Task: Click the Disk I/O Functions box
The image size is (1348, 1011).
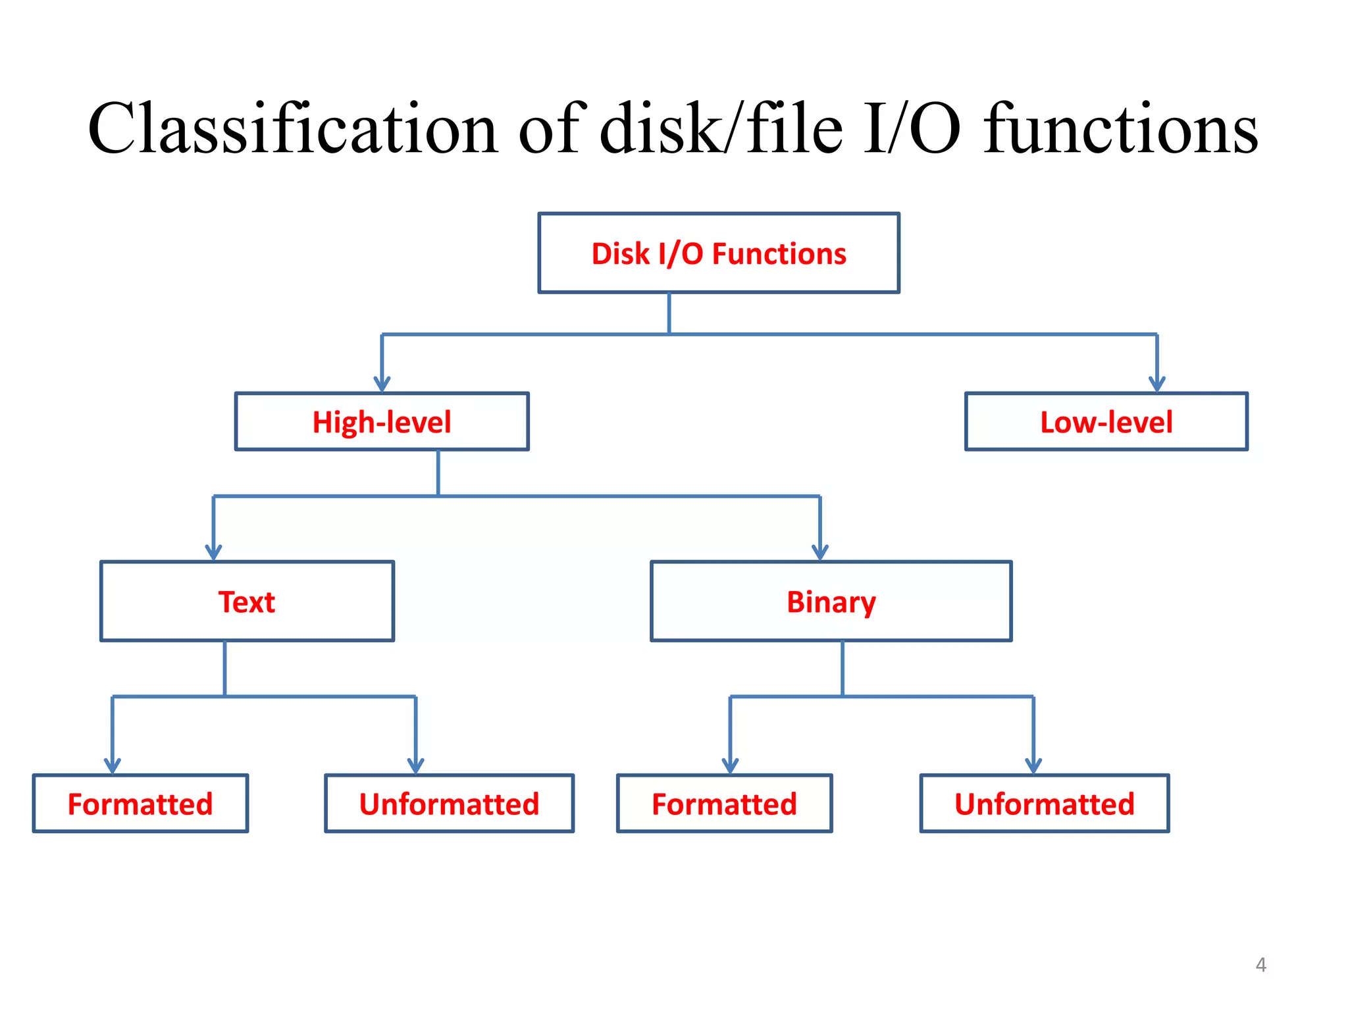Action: coord(718,253)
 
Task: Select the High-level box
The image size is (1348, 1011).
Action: coord(382,421)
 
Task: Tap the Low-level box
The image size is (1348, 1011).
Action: coord(1106,421)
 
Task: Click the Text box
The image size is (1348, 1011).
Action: coord(247,601)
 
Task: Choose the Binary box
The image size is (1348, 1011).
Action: coord(831,601)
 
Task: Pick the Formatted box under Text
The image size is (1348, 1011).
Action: coord(140,804)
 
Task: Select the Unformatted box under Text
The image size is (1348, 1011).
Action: coord(449,804)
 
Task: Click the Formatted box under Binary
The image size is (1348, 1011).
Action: coord(724,804)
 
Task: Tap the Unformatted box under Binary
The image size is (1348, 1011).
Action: coord(1044,804)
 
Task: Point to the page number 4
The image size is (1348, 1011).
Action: coord(1260,965)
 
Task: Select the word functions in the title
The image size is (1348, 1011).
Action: coord(1120,129)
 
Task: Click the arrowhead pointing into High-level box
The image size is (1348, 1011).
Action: coord(382,384)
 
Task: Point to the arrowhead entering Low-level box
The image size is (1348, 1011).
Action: coord(1156,384)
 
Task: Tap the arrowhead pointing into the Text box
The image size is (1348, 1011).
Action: coord(213,552)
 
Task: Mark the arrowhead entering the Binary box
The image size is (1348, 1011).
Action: coord(819,552)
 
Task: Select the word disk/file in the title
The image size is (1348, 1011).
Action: coord(721,129)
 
